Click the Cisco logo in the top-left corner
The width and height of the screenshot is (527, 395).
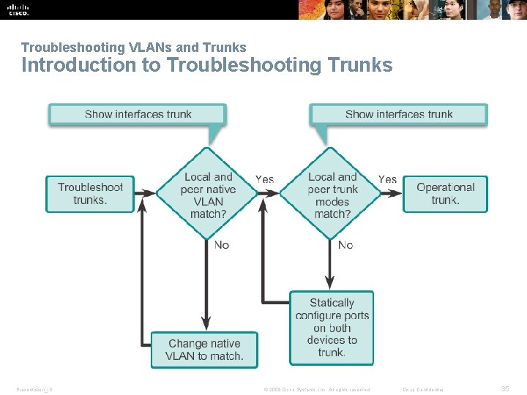[x=18, y=9]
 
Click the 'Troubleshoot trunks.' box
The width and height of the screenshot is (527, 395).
[x=90, y=194]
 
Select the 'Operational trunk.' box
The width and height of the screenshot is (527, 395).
[x=445, y=194]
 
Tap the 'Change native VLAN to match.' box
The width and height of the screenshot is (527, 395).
[x=204, y=350]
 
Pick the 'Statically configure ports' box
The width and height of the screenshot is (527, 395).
[x=332, y=327]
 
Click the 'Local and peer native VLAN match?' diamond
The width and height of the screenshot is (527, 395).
[x=208, y=195]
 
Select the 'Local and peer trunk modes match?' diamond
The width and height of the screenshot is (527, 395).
[x=332, y=195]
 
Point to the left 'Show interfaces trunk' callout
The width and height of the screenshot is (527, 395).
[x=138, y=114]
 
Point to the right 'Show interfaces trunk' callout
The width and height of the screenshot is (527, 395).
[x=398, y=114]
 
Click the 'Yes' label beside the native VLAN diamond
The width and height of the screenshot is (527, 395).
[x=264, y=179]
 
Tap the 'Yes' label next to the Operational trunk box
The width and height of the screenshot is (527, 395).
[x=387, y=179]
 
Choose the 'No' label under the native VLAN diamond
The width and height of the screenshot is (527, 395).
[x=222, y=245]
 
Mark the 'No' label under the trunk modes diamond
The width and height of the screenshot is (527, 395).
[x=345, y=245]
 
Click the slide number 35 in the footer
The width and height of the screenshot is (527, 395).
[x=504, y=388]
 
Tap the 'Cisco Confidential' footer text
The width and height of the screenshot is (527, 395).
[x=427, y=389]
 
